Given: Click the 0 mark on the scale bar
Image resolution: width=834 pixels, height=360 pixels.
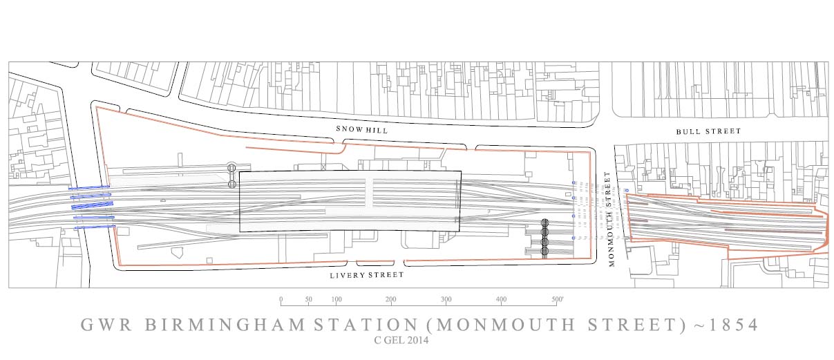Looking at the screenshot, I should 281,300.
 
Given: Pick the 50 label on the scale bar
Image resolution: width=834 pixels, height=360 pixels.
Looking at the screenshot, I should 308,300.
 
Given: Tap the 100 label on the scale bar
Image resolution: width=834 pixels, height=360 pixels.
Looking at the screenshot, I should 337,300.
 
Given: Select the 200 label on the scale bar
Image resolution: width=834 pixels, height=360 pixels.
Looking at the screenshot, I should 391,300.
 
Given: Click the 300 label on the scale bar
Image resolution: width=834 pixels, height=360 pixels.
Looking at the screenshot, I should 446,300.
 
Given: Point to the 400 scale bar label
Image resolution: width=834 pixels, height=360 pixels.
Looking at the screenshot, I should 501,300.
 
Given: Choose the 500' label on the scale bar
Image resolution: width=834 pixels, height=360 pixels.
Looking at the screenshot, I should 558,300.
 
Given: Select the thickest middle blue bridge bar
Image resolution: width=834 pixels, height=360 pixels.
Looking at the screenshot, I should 92,205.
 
